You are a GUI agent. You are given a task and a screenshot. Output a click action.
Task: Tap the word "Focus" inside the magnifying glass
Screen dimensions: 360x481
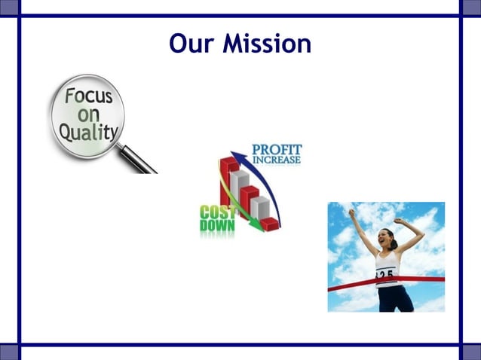pyautogui.click(x=88, y=98)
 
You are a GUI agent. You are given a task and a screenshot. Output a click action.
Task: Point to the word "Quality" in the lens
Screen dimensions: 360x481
pyautogui.click(x=89, y=133)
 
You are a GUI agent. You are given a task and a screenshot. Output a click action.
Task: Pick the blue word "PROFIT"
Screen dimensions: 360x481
pyautogui.click(x=276, y=148)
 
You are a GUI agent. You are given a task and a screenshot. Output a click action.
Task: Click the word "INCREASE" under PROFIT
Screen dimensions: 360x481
pyautogui.click(x=276, y=160)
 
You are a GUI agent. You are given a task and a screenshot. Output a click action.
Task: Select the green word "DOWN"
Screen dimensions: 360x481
pyautogui.click(x=217, y=224)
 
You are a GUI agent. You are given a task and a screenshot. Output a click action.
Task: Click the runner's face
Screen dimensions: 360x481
pyautogui.click(x=389, y=240)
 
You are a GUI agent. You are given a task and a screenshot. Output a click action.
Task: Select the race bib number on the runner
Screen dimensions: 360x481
pyautogui.click(x=386, y=275)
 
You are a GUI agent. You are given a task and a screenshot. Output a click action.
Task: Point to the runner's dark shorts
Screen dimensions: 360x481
pyautogui.click(x=394, y=299)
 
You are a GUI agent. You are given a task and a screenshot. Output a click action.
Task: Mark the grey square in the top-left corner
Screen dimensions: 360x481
pyautogui.click(x=8, y=7)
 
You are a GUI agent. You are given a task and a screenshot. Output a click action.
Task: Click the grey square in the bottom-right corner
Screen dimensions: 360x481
pyautogui.click(x=472, y=352)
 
